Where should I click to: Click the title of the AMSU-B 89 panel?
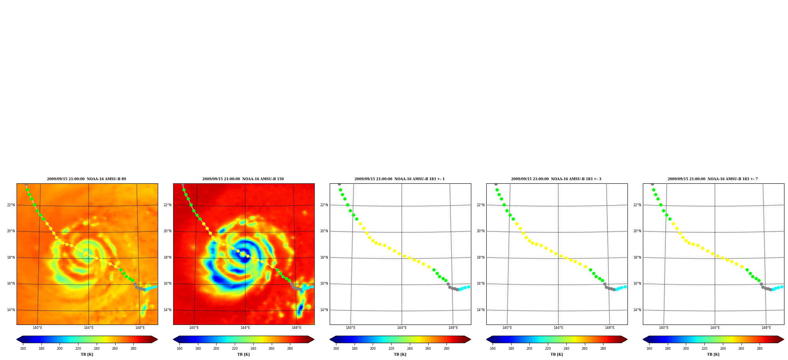[86, 179]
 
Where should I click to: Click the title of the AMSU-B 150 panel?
[243, 179]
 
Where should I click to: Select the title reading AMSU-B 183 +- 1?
[400, 179]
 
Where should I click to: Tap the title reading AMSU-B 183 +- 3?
[556, 179]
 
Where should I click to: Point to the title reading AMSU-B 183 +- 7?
[713, 179]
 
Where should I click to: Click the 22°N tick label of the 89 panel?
[11, 205]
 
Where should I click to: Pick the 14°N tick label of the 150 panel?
[167, 310]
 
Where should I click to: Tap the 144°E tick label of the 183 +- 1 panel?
[401, 328]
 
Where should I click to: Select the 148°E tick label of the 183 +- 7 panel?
[766, 328]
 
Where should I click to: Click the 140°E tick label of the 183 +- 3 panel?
[507, 328]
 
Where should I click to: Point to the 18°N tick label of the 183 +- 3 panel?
[480, 257]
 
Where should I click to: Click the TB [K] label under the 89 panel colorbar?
[87, 354]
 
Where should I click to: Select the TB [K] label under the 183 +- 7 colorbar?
[713, 354]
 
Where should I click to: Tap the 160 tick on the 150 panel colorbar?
[179, 349]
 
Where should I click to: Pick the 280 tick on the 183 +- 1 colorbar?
[446, 349]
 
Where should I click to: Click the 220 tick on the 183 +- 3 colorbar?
[548, 349]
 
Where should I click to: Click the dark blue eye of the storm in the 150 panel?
[245, 258]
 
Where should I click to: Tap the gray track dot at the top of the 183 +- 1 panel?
[339, 184]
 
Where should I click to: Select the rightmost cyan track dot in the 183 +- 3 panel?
[625, 287]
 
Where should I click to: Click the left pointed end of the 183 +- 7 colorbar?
[643, 339]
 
